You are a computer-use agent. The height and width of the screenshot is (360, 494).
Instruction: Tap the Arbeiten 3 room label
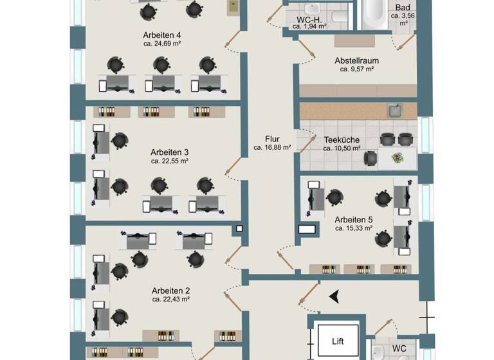(x=169, y=152)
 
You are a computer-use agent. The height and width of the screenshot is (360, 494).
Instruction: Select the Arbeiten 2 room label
(x=170, y=291)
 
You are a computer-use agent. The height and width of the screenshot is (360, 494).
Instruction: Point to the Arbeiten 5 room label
(x=354, y=219)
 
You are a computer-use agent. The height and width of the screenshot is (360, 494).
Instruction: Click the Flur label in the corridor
(x=272, y=138)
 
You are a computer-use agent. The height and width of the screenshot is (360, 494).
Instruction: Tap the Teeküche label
(x=342, y=139)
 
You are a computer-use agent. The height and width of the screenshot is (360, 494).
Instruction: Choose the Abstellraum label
(x=356, y=61)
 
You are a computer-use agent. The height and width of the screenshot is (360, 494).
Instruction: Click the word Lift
(x=338, y=343)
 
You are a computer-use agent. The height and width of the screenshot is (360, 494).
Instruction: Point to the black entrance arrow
(x=334, y=296)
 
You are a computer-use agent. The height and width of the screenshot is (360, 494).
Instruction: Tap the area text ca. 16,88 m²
(x=272, y=147)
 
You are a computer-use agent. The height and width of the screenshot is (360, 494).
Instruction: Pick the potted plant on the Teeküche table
(x=398, y=156)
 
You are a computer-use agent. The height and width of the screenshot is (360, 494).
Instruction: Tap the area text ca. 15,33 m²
(x=354, y=228)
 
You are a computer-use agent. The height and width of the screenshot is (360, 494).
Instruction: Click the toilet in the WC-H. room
(x=339, y=15)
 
